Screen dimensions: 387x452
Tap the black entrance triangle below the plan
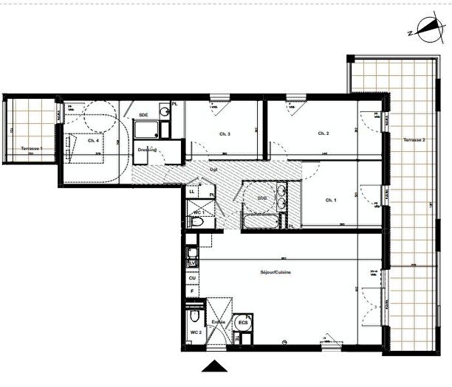(214, 366)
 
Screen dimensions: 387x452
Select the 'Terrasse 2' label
(414, 140)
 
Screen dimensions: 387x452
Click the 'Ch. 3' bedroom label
(225, 133)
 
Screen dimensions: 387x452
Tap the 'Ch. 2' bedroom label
(323, 133)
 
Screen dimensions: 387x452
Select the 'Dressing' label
(146, 150)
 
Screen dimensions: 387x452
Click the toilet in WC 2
(193, 318)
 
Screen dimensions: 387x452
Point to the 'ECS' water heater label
(242, 323)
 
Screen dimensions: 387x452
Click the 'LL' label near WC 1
(192, 192)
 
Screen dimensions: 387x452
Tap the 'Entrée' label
(219, 322)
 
